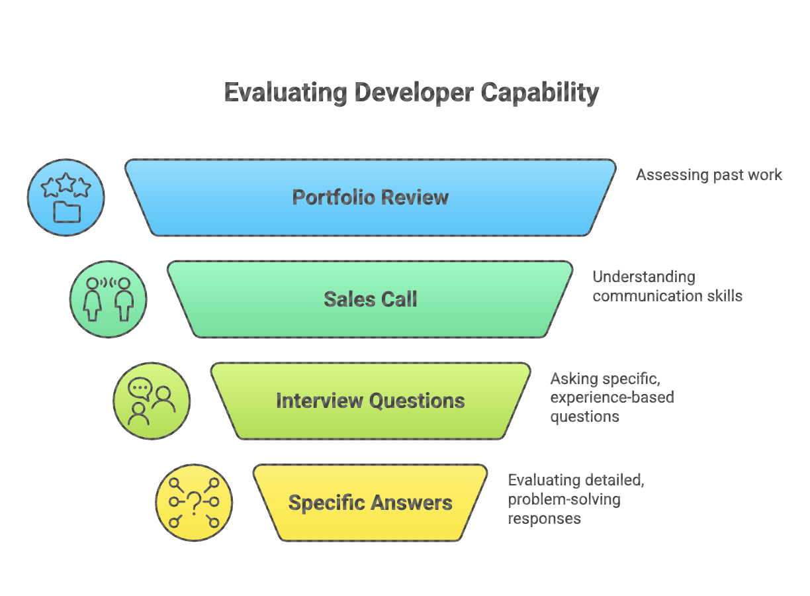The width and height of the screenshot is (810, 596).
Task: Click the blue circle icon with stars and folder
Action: coord(66,197)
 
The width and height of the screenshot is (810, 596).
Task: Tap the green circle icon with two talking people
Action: coord(109,299)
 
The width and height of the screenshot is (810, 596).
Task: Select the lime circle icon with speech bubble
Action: coord(152,401)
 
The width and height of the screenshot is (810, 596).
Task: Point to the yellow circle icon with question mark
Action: coord(194,503)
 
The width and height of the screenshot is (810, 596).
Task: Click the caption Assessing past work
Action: coord(709,175)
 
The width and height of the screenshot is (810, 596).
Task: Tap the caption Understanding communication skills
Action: coord(667,286)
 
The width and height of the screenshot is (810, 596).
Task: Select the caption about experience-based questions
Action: coord(611,397)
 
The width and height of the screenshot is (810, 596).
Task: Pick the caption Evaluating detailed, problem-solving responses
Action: coord(576,499)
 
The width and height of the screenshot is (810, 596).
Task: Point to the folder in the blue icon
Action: coord(67,212)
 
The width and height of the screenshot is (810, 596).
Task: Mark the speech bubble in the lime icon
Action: coord(140,388)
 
